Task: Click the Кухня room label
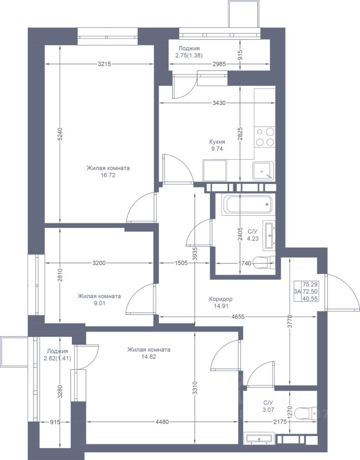[x=217, y=142]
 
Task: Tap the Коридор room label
[x=221, y=299]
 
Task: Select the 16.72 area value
[x=108, y=175]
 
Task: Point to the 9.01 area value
[x=99, y=303]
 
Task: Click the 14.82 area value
[x=149, y=356]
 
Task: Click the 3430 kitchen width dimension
[x=219, y=103]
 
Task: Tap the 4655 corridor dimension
[x=238, y=317]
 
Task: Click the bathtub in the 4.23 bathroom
[x=248, y=205]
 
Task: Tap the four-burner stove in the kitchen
[x=265, y=137]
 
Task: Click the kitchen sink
[x=263, y=171]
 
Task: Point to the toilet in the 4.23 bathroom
[x=264, y=263]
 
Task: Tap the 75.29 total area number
[x=311, y=284]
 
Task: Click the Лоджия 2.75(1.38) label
[x=189, y=52]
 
